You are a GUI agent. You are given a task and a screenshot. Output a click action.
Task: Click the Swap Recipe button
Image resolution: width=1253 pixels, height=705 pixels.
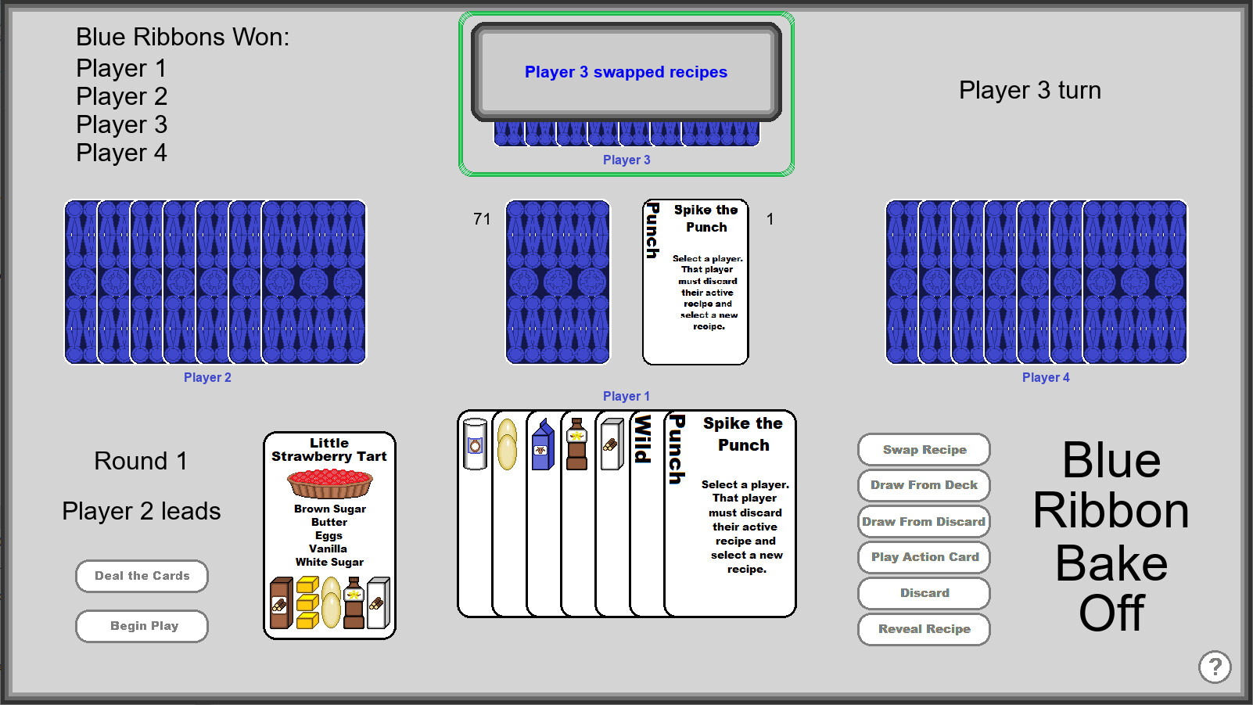(x=924, y=450)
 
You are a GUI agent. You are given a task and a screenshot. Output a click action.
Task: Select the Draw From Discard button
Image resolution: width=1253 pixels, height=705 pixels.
(x=924, y=522)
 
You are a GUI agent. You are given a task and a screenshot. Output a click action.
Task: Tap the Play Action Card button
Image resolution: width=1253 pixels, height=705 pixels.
(x=924, y=557)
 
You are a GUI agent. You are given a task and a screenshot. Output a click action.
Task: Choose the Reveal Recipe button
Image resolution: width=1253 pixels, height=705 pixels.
(x=924, y=629)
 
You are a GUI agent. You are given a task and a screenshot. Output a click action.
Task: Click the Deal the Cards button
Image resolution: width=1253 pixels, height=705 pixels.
(x=142, y=576)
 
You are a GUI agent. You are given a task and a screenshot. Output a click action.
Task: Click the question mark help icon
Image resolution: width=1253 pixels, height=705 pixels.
(x=1214, y=667)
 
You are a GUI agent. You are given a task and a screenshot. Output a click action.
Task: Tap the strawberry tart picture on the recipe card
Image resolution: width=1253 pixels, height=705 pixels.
(x=330, y=484)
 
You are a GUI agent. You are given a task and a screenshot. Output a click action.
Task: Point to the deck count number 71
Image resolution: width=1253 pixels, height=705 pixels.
(x=482, y=219)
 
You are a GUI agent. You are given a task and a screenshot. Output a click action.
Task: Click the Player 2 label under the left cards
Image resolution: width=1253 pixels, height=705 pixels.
(x=207, y=377)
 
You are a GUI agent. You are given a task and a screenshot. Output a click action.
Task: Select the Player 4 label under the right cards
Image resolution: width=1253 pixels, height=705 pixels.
(x=1045, y=377)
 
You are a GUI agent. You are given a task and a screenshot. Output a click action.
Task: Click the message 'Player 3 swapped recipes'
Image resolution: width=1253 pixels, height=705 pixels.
(x=626, y=72)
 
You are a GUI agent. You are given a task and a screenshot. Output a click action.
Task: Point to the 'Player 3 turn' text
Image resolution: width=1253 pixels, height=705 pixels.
(x=1029, y=91)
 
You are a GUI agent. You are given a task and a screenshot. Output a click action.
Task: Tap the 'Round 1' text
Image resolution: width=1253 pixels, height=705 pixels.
(x=141, y=461)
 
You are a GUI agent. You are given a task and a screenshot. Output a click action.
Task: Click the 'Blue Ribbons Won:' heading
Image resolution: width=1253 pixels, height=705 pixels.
(x=182, y=37)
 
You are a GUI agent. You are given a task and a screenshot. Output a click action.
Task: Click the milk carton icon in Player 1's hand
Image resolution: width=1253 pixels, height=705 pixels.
(x=542, y=445)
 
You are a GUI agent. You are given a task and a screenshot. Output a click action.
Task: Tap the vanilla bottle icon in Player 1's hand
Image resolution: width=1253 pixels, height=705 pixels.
(x=576, y=444)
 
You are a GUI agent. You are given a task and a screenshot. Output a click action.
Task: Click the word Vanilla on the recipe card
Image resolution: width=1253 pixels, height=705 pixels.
(x=329, y=549)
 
